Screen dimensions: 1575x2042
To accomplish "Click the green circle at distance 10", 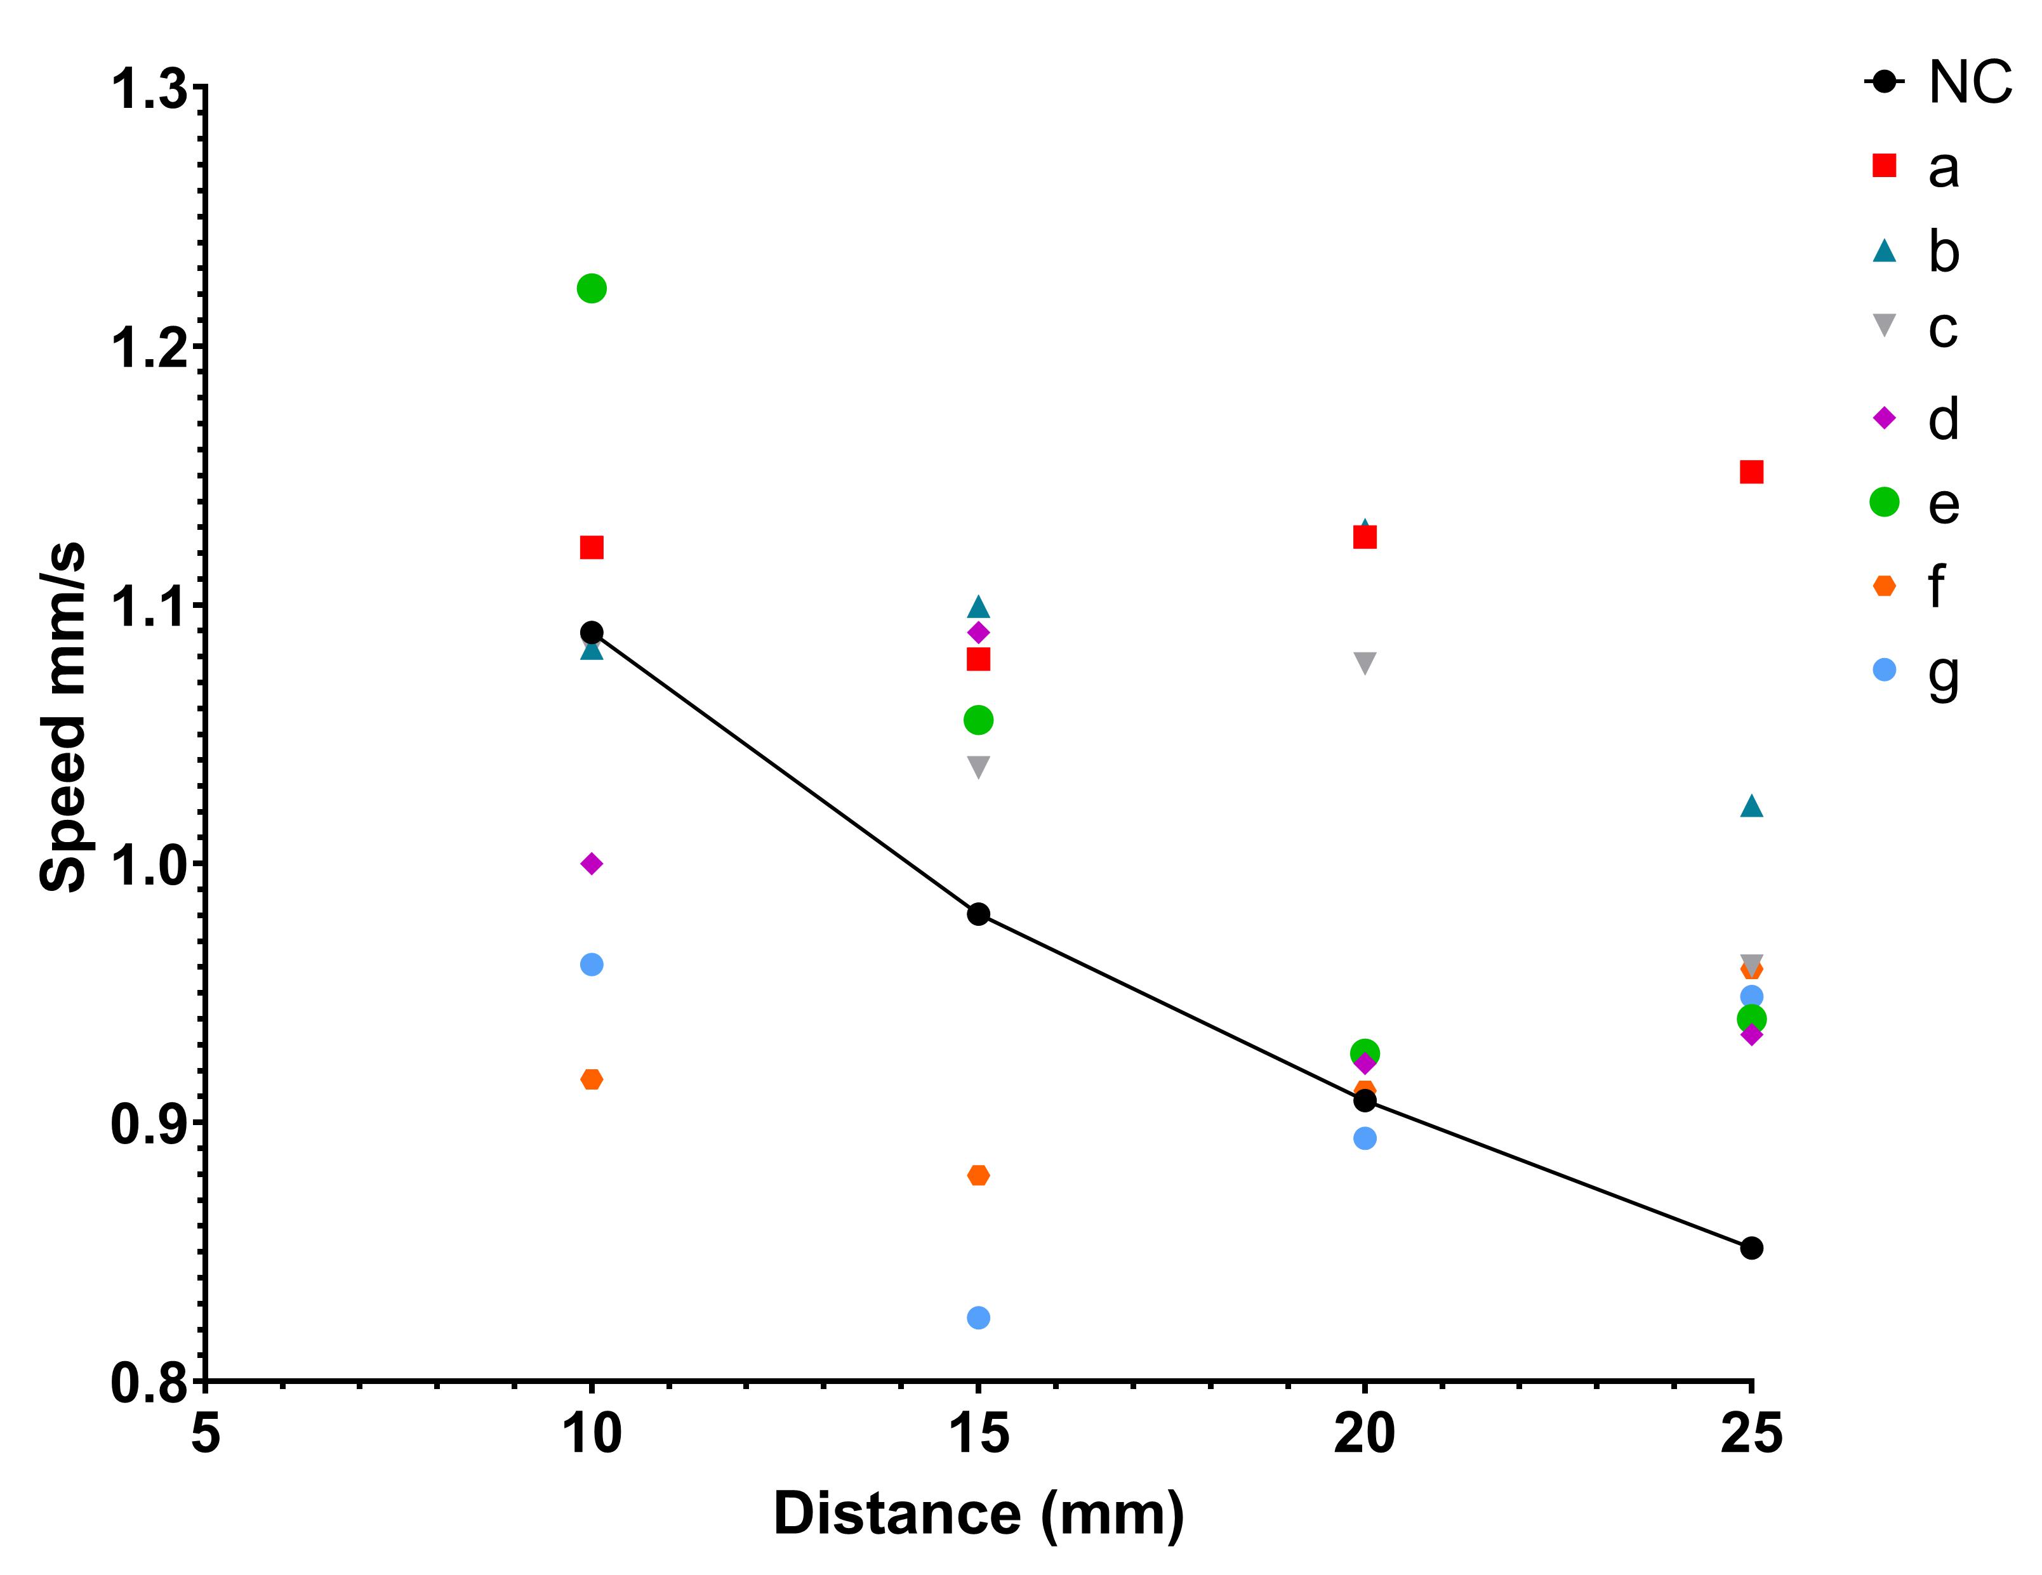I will (591, 288).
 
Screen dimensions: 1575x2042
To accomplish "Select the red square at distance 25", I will (1751, 472).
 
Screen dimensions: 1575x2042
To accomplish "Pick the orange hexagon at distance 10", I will (591, 1079).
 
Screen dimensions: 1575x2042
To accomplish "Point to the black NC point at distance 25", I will (1751, 1248).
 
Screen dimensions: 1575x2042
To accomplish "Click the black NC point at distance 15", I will (978, 914).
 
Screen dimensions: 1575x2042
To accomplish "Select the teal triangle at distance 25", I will (1751, 806).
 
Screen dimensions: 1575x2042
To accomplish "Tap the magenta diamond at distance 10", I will (591, 864).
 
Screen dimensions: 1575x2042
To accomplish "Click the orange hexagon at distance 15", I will (978, 1175).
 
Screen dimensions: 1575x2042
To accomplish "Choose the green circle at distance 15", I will (978, 720).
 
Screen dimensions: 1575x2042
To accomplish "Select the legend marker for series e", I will (1884, 502).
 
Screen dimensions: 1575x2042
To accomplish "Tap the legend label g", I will (1943, 675).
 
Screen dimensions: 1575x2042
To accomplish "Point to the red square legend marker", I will (1884, 166).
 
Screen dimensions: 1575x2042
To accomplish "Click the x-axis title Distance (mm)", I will (978, 1514).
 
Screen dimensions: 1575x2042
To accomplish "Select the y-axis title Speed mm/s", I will (63, 717).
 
